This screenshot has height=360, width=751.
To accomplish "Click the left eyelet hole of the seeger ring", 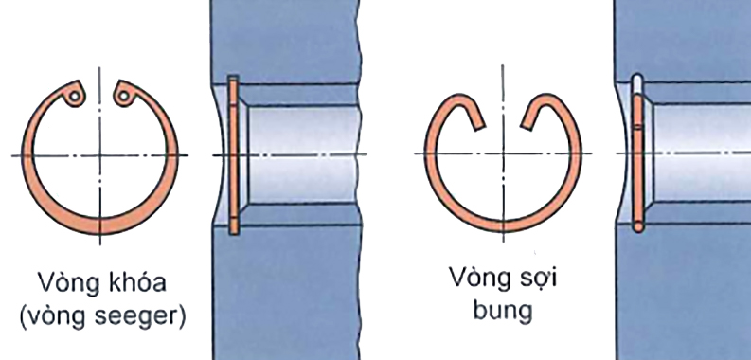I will [72, 95].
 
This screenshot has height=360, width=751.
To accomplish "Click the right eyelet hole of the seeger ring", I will [123, 95].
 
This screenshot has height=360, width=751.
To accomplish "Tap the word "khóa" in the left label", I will [141, 283].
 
